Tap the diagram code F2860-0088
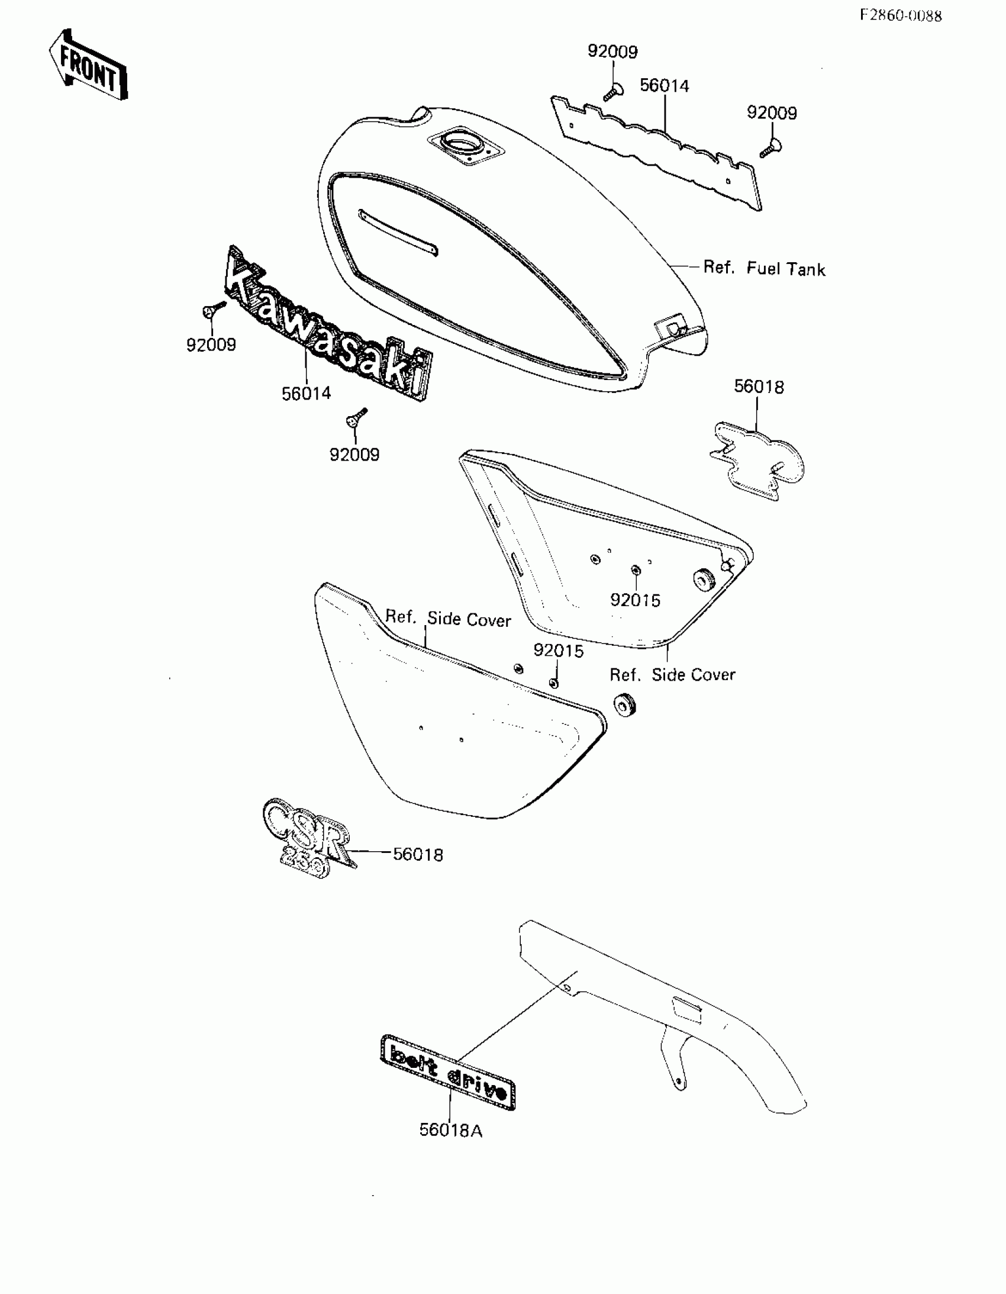point(901,16)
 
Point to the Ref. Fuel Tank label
point(765,268)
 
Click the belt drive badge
point(447,1071)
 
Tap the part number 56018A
point(451,1130)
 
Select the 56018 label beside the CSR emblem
point(418,854)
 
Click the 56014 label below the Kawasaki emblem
point(307,393)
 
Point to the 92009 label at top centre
point(612,52)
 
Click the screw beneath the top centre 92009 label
point(612,91)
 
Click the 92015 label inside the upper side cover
point(635,600)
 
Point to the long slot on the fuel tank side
point(398,233)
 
